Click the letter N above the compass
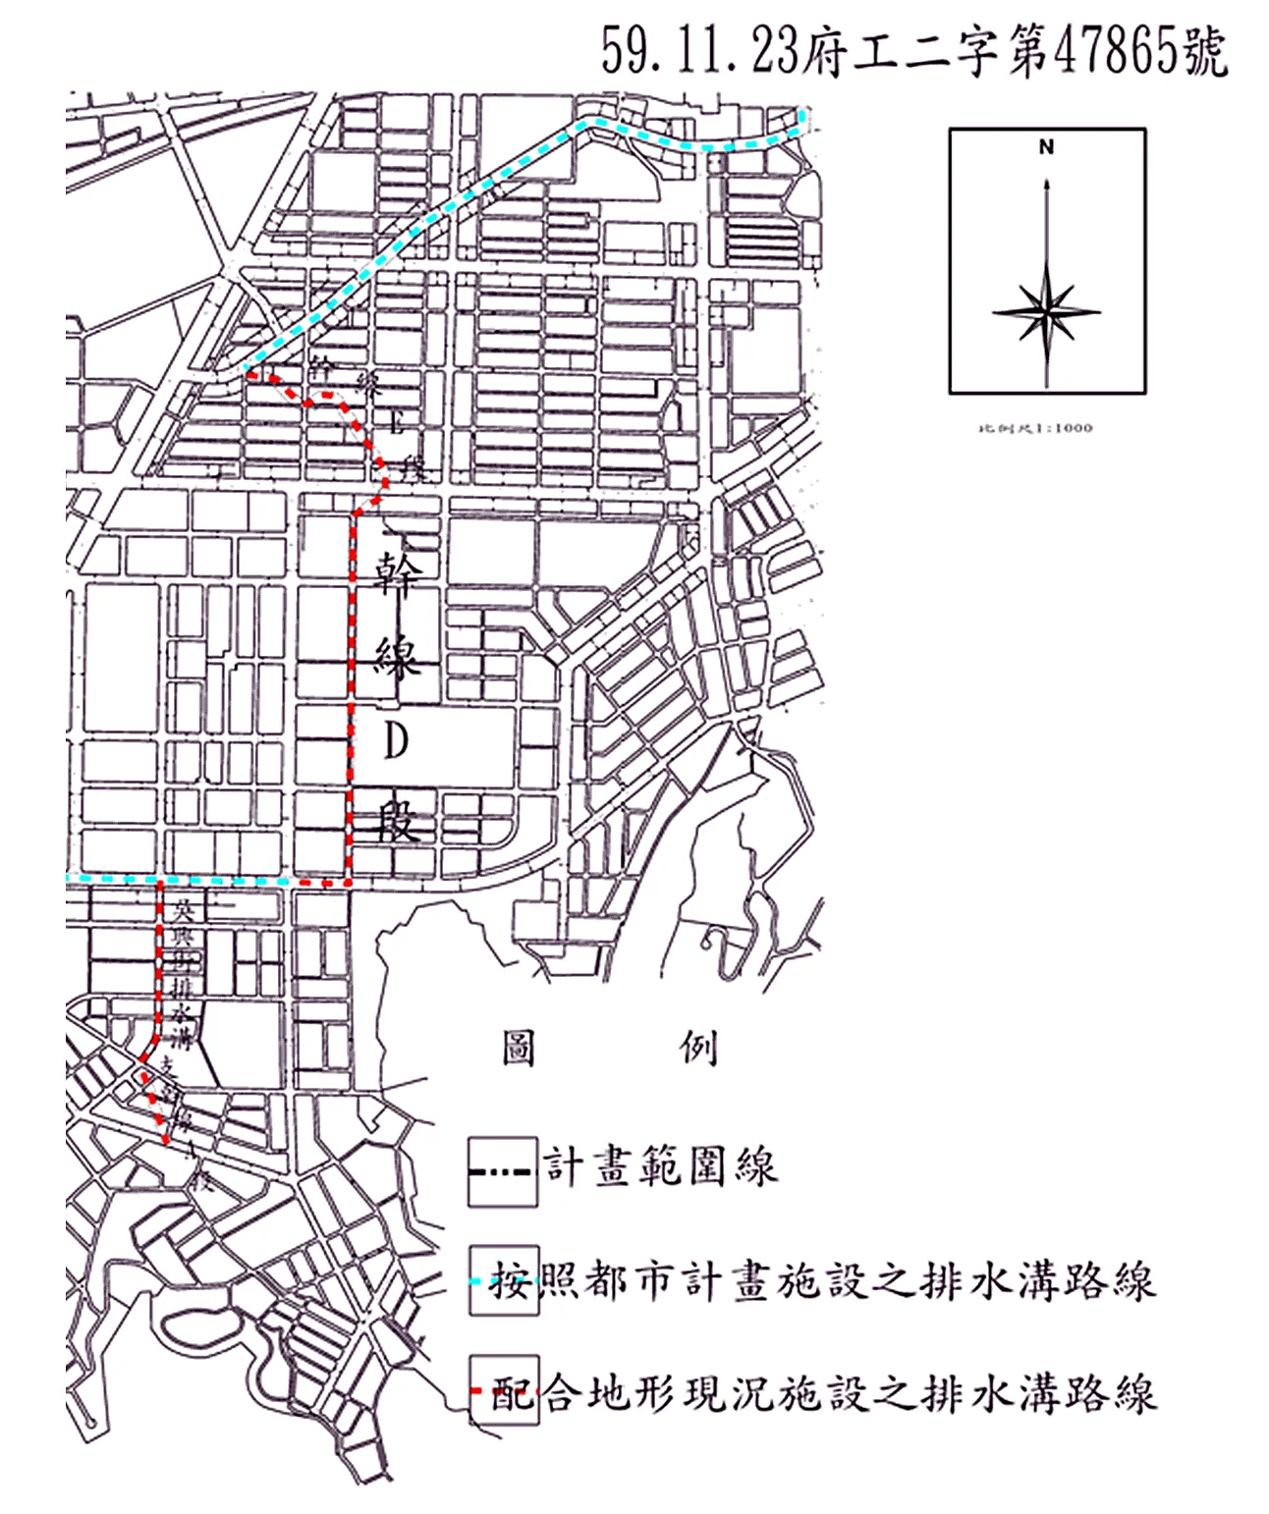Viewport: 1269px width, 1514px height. (1046, 147)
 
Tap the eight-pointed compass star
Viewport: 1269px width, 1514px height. (1047, 313)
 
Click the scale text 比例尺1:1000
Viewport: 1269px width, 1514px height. (1035, 428)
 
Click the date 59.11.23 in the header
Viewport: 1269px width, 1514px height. (699, 51)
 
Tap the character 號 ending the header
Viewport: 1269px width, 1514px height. (1204, 51)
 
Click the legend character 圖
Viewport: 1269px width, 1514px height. (519, 1048)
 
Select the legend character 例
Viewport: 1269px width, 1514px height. (699, 1048)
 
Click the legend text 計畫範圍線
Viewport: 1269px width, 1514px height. (661, 1166)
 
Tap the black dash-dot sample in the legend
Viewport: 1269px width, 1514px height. (502, 1171)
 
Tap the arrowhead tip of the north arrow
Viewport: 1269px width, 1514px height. (1047, 181)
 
